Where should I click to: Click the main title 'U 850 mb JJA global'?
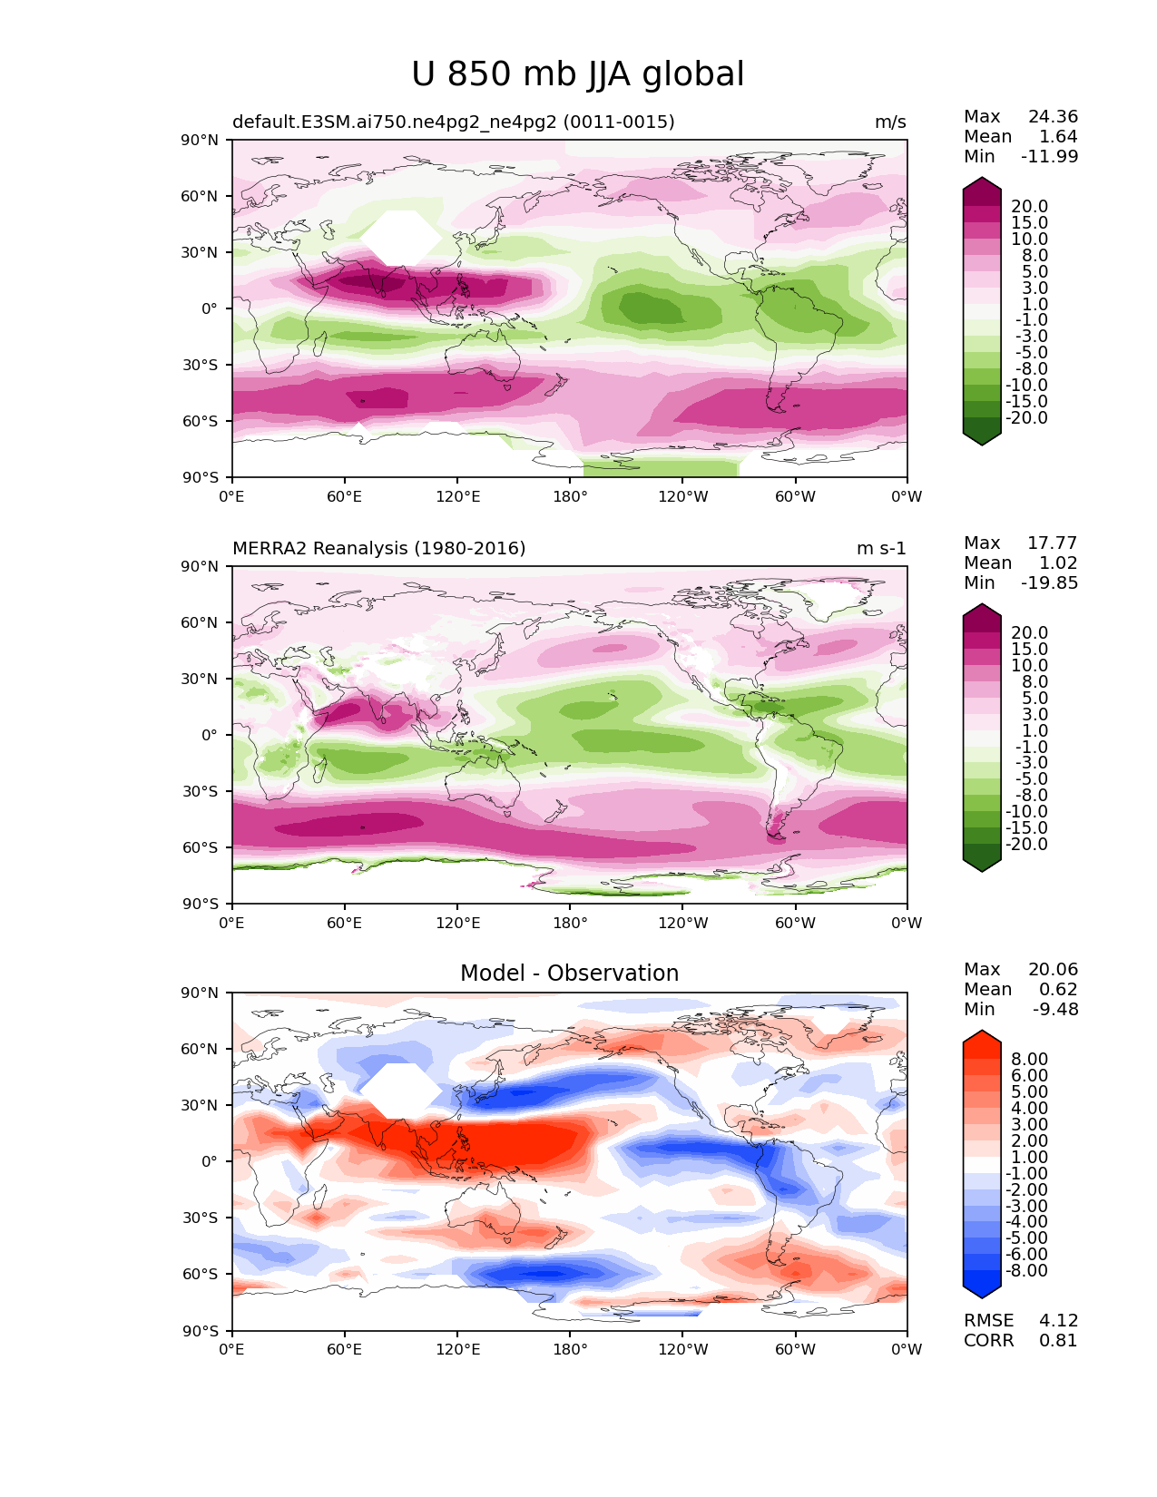577,73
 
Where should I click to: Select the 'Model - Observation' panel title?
569,973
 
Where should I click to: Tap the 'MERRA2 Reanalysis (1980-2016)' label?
378,548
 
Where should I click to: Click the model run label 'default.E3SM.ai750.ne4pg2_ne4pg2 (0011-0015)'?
454,122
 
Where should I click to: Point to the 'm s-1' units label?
881,548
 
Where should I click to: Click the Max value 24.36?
1053,116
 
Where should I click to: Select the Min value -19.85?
1050,582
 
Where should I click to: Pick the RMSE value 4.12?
1058,1321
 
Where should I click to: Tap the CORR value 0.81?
1058,1341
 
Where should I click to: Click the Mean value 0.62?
1058,989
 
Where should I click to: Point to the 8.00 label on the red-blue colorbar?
1030,1059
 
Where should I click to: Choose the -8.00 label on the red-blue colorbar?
1026,1270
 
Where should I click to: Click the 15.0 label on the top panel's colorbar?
1030,222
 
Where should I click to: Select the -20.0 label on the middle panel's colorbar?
1026,844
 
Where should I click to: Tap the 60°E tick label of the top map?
345,496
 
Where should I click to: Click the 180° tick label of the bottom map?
571,1349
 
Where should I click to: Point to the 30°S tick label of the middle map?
200,791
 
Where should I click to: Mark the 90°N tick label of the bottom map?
199,993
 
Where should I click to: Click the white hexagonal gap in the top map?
401,238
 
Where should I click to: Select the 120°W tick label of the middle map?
683,923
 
